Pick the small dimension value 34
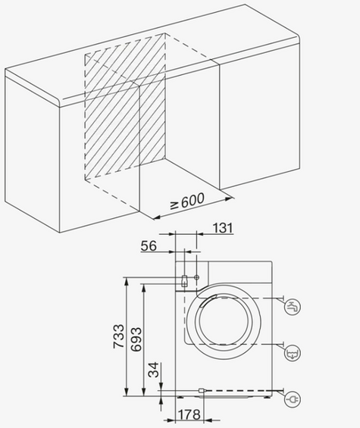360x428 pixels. coord(153,371)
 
